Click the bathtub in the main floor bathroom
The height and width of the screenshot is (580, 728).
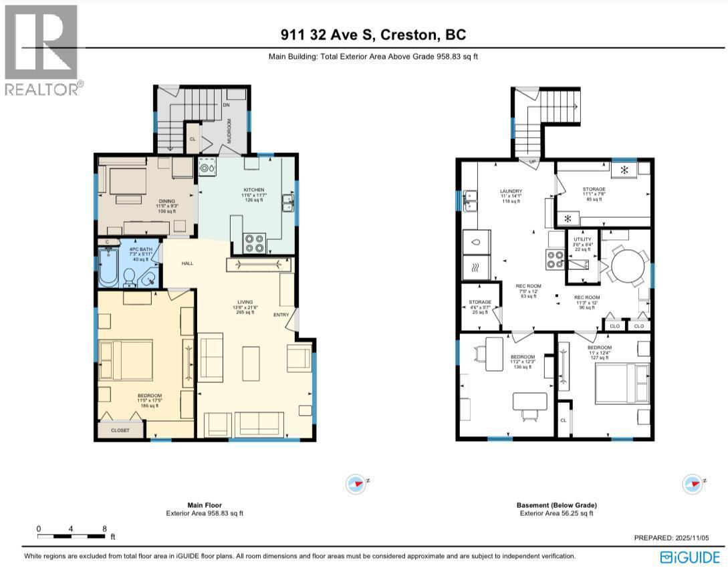click(x=109, y=267)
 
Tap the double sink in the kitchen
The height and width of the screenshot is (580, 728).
click(x=287, y=202)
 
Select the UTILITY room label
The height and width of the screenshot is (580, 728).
click(x=582, y=239)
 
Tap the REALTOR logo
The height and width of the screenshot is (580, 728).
click(x=41, y=51)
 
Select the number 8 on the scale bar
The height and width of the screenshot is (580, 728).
click(x=104, y=528)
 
